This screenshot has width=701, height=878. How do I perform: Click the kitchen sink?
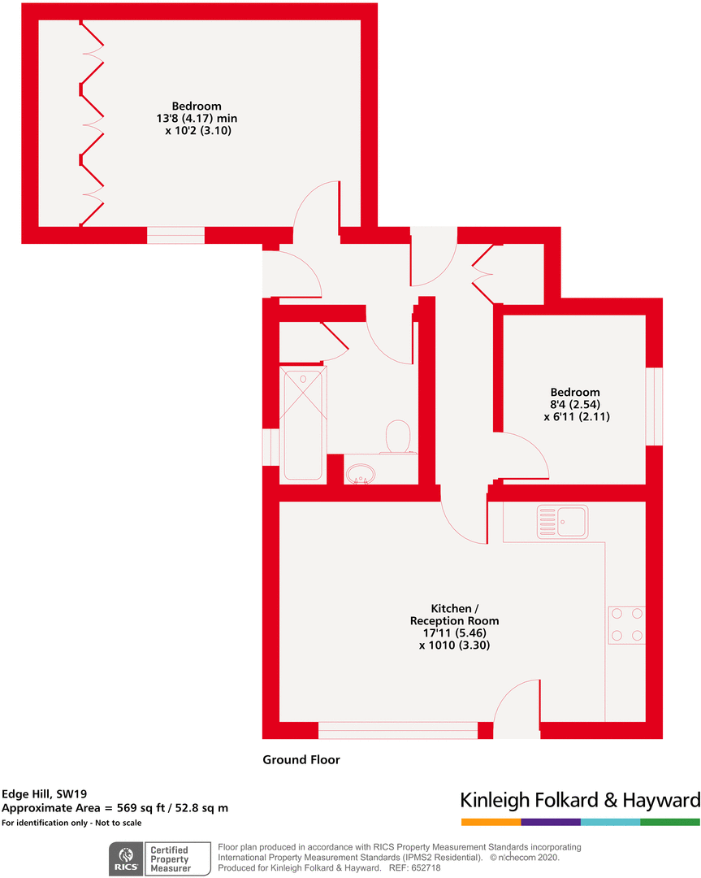tap(562, 522)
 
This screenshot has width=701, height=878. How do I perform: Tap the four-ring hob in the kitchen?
tap(626, 624)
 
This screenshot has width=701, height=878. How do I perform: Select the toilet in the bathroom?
tap(398, 436)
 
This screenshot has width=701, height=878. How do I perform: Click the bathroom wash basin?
tap(361, 472)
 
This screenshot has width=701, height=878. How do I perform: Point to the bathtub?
tap(303, 423)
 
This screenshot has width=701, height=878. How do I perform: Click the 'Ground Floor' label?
tap(301, 760)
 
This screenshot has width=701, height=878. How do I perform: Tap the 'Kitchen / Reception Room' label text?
tap(454, 615)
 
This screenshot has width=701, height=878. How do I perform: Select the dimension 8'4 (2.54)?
tap(574, 404)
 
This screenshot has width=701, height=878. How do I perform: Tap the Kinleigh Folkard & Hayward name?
tap(580, 800)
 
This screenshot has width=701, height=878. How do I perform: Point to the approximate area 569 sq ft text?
tap(115, 808)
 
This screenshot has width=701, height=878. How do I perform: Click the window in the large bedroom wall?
tap(175, 236)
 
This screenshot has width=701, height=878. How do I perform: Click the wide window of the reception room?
tap(398, 731)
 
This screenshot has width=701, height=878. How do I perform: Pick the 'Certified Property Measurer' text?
tap(169, 859)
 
